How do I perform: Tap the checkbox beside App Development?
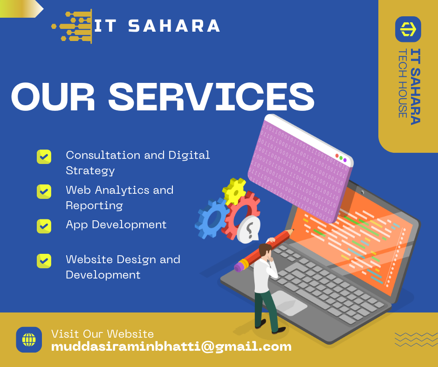[x=44, y=226]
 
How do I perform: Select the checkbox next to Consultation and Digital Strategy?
[x=44, y=156]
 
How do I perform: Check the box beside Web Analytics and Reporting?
[x=44, y=191]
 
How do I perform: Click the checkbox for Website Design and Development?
[x=44, y=261]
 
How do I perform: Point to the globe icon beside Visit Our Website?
[x=29, y=340]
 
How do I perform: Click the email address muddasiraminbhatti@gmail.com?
[x=171, y=347]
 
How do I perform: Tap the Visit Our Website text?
[x=103, y=333]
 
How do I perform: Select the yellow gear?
[x=234, y=190]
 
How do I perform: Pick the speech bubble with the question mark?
[x=249, y=229]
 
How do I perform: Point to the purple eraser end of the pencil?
[x=239, y=266]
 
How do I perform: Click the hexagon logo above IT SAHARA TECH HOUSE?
[x=408, y=29]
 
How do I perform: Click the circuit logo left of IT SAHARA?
[x=72, y=27]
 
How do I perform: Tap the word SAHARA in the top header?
[x=173, y=26]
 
